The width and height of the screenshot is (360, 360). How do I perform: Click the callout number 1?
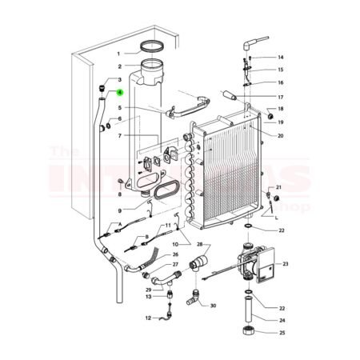[118, 53]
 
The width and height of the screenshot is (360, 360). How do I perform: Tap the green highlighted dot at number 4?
[118, 93]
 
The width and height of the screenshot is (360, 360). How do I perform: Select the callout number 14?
[281, 58]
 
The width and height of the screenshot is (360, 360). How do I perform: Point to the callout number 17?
[281, 96]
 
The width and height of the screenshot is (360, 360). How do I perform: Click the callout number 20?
[281, 135]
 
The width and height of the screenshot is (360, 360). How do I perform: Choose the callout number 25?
[281, 332]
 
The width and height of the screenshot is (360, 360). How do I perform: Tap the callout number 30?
[213, 306]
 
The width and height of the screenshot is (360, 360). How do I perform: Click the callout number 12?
[148, 318]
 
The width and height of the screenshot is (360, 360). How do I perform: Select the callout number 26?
[175, 254]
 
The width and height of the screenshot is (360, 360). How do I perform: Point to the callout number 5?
[118, 107]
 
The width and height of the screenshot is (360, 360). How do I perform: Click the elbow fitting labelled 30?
[194, 301]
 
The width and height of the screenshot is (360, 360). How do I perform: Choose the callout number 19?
[281, 122]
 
